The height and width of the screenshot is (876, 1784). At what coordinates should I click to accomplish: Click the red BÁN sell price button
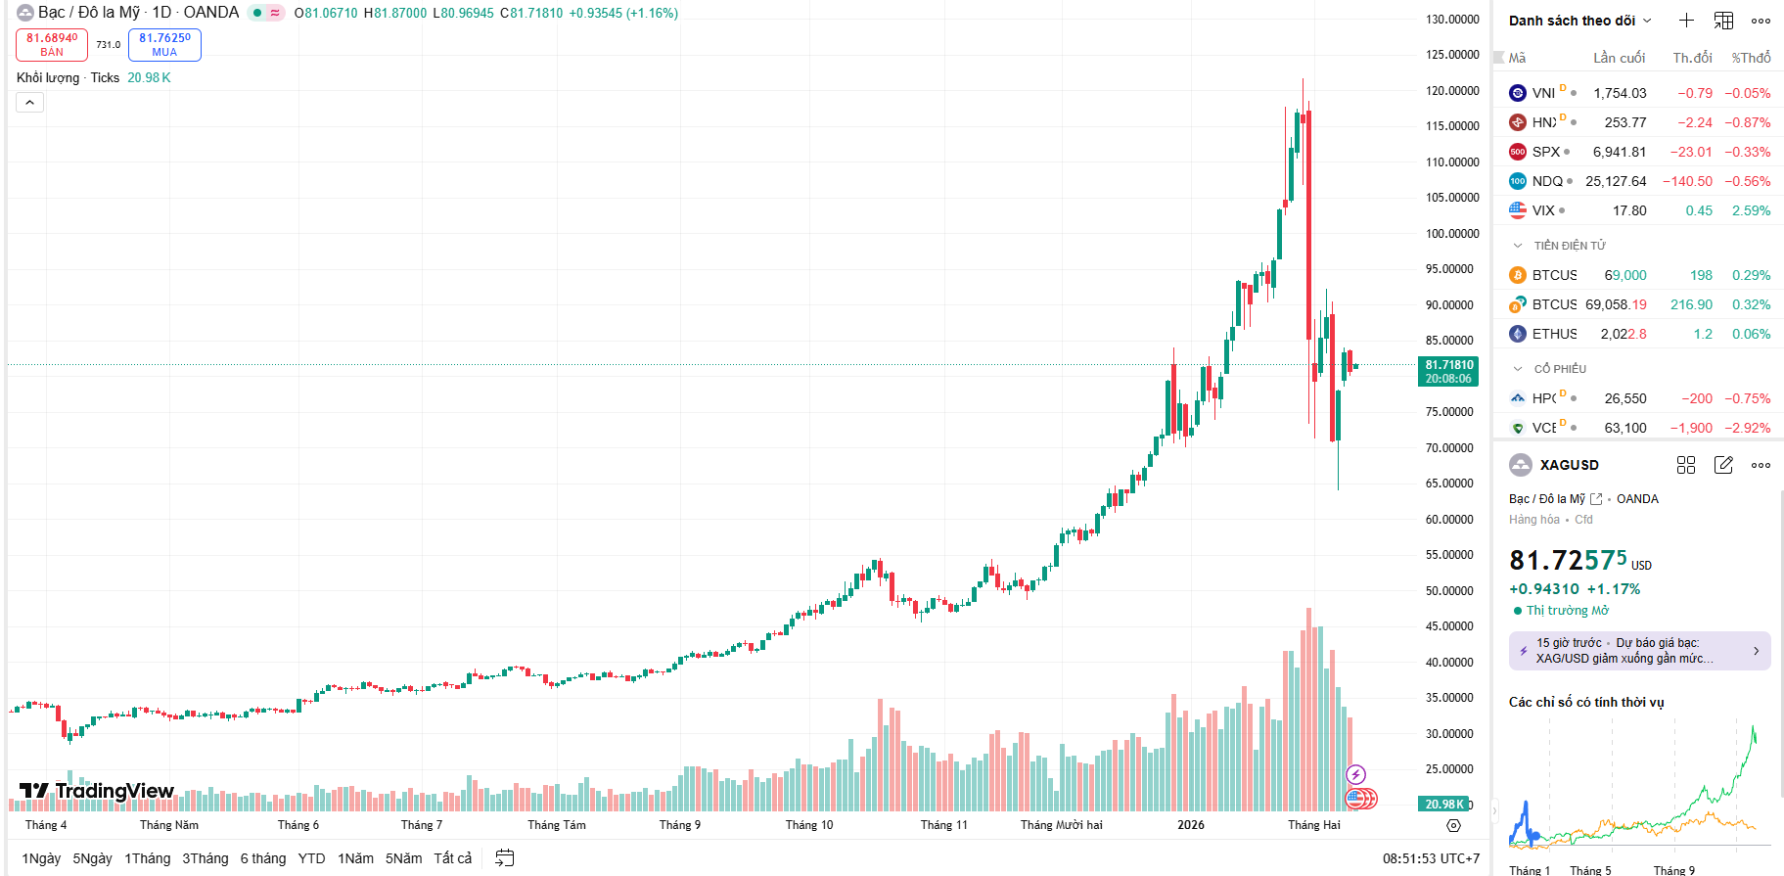(52, 45)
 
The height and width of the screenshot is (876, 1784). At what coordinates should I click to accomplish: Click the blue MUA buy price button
(164, 45)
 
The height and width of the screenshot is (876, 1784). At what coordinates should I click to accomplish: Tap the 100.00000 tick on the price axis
(1452, 234)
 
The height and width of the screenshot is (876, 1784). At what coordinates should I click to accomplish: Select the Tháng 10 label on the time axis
(809, 825)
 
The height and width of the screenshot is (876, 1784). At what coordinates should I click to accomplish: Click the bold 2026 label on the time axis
(1191, 825)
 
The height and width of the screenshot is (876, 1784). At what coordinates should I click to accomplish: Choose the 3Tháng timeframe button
(205, 858)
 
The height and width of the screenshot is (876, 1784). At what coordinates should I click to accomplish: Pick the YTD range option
(311, 858)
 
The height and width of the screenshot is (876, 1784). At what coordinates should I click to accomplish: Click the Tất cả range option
(452, 858)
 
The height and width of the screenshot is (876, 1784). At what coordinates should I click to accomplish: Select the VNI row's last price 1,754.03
(1620, 93)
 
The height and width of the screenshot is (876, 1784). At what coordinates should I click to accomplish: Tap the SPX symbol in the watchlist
(1546, 152)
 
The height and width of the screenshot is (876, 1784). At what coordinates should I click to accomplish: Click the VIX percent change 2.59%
(1751, 210)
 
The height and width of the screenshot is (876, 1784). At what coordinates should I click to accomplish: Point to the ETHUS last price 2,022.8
(1623, 334)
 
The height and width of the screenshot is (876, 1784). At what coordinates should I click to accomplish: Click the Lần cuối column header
(1619, 58)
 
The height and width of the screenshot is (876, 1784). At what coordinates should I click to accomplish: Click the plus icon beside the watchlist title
(1686, 21)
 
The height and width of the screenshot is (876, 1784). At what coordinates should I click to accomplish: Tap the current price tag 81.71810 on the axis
(1448, 371)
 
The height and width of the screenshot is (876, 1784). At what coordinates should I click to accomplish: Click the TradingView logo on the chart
(97, 791)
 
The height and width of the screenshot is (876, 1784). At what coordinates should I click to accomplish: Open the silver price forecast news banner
(1639, 651)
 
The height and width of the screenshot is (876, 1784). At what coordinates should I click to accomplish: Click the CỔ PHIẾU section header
(1560, 369)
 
